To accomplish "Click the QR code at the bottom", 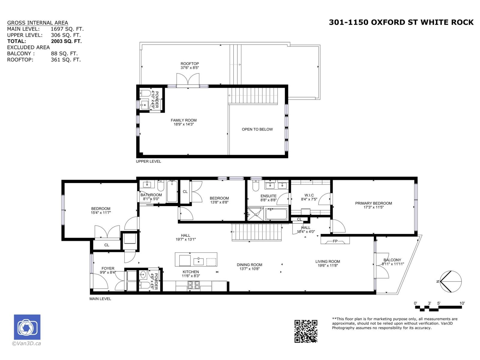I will tap(306, 331).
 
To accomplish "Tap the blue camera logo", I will tap(27, 327).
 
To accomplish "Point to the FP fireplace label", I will tap(335, 241).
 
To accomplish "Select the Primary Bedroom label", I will tap(373, 203).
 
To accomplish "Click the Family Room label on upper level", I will tap(184, 120).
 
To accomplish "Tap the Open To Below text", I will tap(257, 129).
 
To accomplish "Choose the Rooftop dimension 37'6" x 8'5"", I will tap(190, 68).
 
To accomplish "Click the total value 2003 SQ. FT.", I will tap(66, 41).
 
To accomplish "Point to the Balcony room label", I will tap(392, 260).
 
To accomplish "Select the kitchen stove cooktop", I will tap(194, 285).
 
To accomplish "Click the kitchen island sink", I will tap(199, 262).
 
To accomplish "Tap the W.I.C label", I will tap(309, 195).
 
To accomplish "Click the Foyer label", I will tap(108, 268).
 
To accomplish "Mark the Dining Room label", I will tap(249, 265).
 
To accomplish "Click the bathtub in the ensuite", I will tap(276, 214).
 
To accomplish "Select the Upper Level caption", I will tap(148, 161).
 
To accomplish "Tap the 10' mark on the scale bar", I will tap(462, 303).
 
